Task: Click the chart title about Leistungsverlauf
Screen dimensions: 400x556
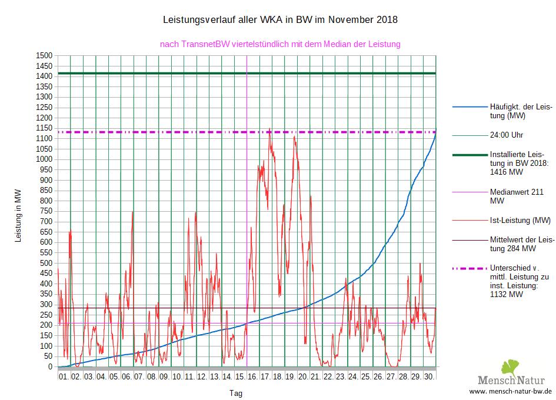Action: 280,19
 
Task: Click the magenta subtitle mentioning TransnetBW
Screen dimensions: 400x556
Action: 280,44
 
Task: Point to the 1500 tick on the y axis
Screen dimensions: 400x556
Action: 45,55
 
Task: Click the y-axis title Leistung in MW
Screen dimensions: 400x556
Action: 18,216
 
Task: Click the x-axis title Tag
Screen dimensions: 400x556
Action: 235,393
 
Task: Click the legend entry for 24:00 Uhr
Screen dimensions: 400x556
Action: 507,135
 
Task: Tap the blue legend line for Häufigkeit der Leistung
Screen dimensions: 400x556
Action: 470,107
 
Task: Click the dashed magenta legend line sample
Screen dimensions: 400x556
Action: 470,268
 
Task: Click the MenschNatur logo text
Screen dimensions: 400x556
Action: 511,380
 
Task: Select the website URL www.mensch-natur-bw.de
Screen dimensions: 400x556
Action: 511,392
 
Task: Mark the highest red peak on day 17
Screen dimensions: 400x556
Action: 270,129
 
